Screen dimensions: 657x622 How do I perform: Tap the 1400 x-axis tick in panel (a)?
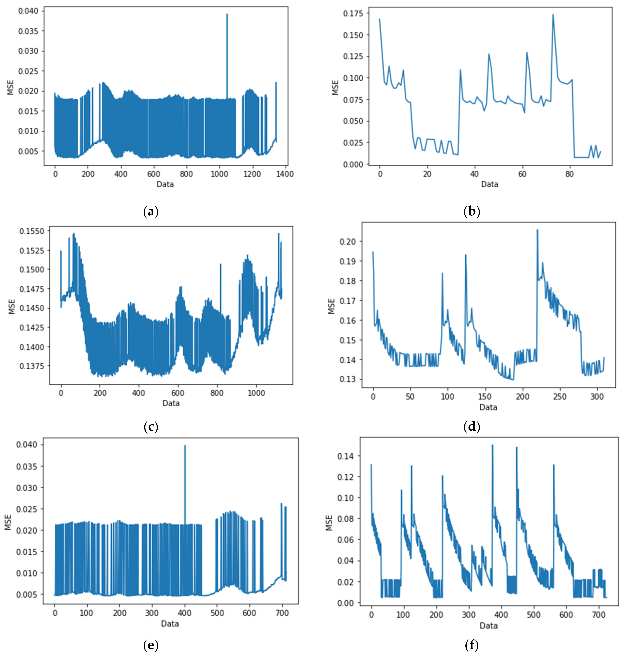click(284, 174)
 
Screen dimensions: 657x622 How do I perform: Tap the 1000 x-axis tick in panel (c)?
click(256, 393)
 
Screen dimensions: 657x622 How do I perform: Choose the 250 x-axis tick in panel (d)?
click(560, 397)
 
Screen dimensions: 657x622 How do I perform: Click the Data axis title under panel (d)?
click(488, 407)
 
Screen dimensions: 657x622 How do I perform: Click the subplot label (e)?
click(151, 645)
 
